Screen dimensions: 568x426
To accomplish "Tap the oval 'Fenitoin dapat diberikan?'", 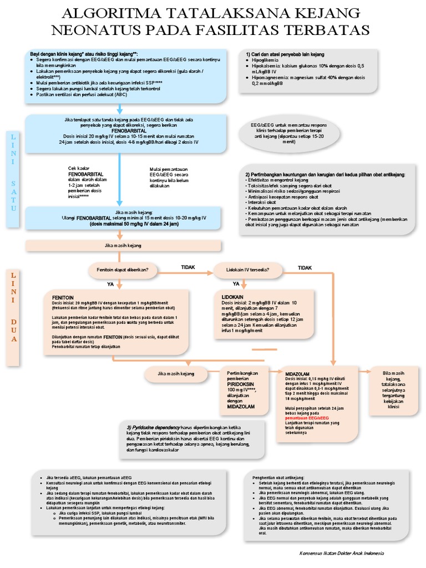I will tap(123, 270).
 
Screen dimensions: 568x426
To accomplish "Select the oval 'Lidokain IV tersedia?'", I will tap(248, 270).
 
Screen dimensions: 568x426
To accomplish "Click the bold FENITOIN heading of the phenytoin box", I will tap(64, 297).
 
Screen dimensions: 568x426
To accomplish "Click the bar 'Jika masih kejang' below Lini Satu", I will tap(123, 245).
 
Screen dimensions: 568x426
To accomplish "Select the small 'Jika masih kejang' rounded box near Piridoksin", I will tap(176, 374).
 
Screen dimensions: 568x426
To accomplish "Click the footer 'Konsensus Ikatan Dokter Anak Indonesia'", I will tap(340, 554).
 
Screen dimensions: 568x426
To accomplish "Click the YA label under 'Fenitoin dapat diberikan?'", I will tap(110, 283).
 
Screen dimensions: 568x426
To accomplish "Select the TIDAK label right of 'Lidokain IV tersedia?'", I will tap(305, 267).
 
